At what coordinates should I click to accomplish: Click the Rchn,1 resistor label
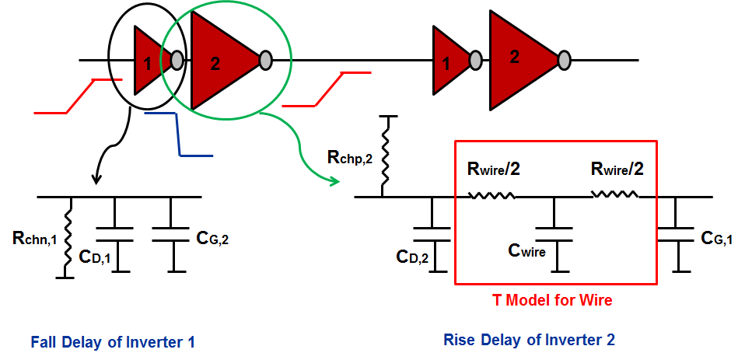pyautogui.click(x=34, y=239)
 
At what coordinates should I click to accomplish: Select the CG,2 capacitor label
pyautogui.click(x=212, y=238)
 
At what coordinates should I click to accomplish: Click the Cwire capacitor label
pyautogui.click(x=527, y=251)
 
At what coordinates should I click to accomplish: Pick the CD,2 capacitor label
pyautogui.click(x=412, y=257)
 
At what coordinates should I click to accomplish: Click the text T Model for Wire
pyautogui.click(x=552, y=300)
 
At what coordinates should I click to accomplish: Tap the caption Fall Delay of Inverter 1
pyautogui.click(x=113, y=342)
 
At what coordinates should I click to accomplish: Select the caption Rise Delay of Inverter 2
pyautogui.click(x=529, y=340)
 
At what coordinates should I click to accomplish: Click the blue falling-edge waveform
pyautogui.click(x=178, y=134)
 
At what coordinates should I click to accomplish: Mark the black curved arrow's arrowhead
pyautogui.click(x=97, y=180)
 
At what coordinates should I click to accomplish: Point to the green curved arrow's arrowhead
pyautogui.click(x=335, y=181)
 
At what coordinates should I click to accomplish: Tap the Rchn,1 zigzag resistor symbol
pyautogui.click(x=68, y=237)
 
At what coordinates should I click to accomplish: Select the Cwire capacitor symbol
pyautogui.click(x=554, y=235)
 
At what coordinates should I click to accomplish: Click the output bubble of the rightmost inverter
pyautogui.click(x=564, y=61)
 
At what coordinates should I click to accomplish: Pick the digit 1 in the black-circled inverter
pyautogui.click(x=148, y=64)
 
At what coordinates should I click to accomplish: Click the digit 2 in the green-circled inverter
pyautogui.click(x=215, y=65)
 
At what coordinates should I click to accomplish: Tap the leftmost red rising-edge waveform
pyautogui.click(x=78, y=96)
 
